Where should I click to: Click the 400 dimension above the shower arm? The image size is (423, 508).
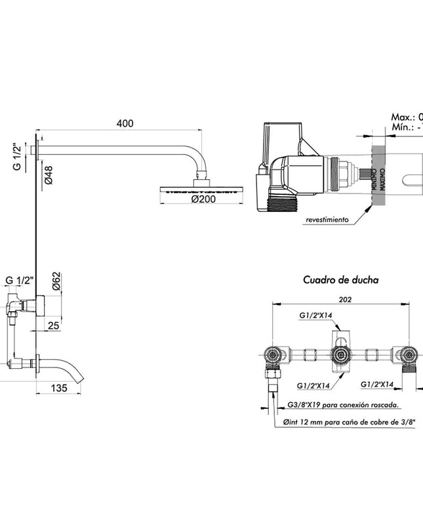(125, 123)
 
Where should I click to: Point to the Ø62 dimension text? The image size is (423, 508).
(56, 282)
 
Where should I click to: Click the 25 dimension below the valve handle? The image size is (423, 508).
(54, 325)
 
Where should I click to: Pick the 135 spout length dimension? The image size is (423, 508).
(60, 388)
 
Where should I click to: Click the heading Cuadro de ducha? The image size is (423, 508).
(340, 279)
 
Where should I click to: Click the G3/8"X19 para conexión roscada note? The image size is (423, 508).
(344, 406)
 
